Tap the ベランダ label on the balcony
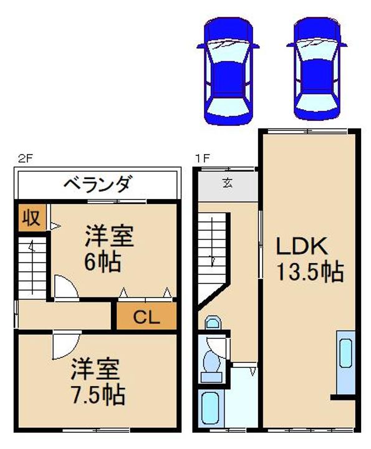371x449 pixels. click(x=98, y=185)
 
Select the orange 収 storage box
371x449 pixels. click(x=31, y=218)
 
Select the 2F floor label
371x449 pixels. click(x=25, y=158)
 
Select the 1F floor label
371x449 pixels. click(x=201, y=158)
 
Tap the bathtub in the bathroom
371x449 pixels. click(x=210, y=408)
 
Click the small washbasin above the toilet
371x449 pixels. click(x=213, y=323)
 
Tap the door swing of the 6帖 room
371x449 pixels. click(x=64, y=287)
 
